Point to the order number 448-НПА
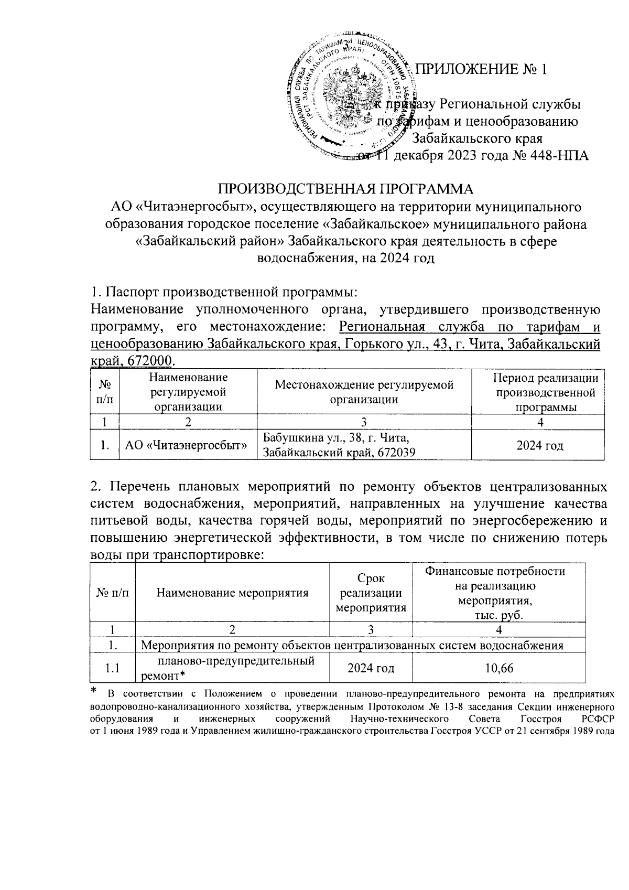pyautogui.click(x=550, y=156)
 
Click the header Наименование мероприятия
pyautogui.click(x=232, y=593)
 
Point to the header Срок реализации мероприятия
pyautogui.click(x=371, y=593)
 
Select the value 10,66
pyautogui.click(x=498, y=668)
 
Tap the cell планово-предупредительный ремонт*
pyautogui.click(x=232, y=668)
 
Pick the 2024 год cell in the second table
pyautogui.click(x=371, y=668)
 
